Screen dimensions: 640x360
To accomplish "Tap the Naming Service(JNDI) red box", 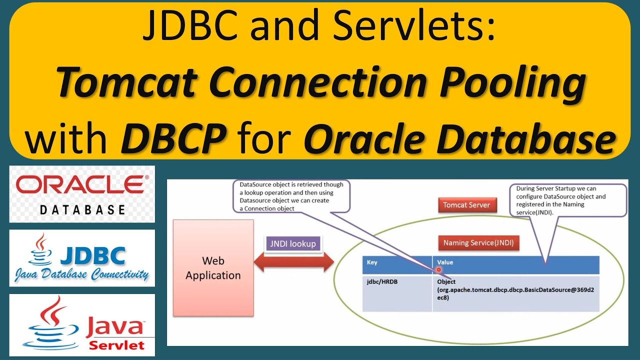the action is pyautogui.click(x=478, y=243).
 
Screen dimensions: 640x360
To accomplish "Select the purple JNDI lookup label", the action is pyautogui.click(x=290, y=243).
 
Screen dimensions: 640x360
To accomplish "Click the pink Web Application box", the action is pyautogui.click(x=213, y=268).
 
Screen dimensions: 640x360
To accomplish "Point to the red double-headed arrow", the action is pyautogui.click(x=293, y=262).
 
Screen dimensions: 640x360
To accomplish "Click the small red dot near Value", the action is pyautogui.click(x=438, y=269).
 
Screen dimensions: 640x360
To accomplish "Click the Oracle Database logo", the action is pyautogui.click(x=82, y=194).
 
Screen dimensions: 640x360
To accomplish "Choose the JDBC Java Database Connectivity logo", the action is pyautogui.click(x=82, y=258).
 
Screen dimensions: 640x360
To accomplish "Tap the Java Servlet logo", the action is pyautogui.click(x=82, y=325).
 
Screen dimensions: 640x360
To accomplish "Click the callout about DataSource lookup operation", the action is pyautogui.click(x=291, y=196).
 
